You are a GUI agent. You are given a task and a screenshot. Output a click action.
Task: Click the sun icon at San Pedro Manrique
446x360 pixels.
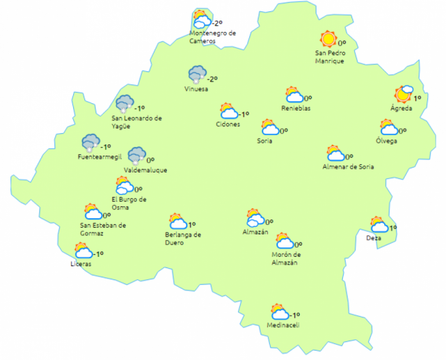click(x=327, y=39)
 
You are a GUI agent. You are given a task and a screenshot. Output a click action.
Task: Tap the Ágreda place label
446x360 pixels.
click(x=401, y=108)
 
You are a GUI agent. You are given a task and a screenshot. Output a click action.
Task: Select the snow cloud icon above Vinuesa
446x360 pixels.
click(x=197, y=75)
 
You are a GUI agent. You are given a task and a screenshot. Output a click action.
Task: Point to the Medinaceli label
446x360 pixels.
click(x=283, y=326)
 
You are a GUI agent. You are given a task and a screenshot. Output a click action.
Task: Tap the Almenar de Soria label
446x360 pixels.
click(x=347, y=166)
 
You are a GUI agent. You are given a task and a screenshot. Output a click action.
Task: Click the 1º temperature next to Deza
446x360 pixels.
click(x=393, y=228)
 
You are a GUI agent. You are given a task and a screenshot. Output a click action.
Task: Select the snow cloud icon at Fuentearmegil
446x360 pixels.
click(x=91, y=143)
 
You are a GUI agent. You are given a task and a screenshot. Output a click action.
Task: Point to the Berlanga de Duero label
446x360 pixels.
click(x=183, y=239)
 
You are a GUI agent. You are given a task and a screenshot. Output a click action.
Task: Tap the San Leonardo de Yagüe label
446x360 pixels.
click(x=136, y=121)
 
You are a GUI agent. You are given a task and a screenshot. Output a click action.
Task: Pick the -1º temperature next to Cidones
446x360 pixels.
click(x=243, y=114)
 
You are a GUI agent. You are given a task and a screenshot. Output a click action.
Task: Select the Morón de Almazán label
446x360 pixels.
click(x=286, y=258)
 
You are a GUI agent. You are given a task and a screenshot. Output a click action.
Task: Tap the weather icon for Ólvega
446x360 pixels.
click(x=389, y=127)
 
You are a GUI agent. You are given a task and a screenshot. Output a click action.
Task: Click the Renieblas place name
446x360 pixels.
click(x=295, y=108)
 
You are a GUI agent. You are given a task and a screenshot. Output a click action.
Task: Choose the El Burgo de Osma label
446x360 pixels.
click(x=129, y=203)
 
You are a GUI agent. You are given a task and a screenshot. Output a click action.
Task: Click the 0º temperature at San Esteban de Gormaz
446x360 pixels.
click(x=106, y=216)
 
